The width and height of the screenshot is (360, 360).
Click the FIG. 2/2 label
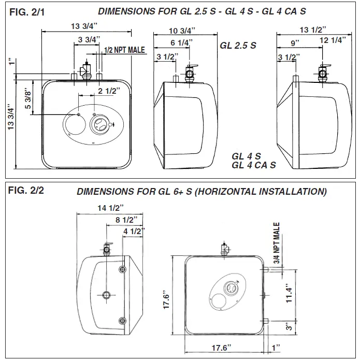pos(25,190)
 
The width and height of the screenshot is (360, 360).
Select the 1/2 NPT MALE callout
pos(124,50)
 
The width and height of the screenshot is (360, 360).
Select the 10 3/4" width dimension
pos(184,30)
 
